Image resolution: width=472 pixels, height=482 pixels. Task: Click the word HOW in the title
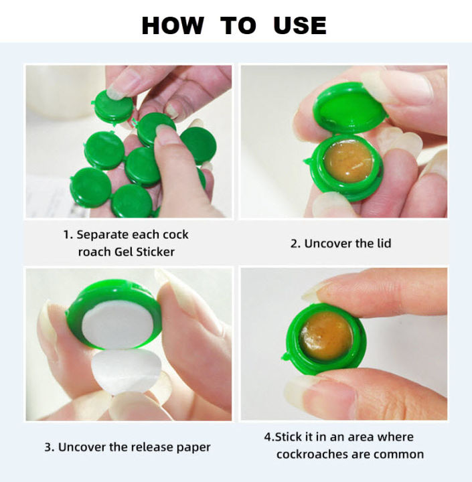(173, 25)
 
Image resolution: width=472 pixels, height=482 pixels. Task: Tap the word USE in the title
(300, 25)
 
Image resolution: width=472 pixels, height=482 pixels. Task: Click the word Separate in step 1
(102, 235)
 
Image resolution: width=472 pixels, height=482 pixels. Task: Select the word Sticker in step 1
(155, 252)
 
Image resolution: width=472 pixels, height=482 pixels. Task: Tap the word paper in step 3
(193, 448)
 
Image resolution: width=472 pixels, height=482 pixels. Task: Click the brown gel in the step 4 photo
(326, 335)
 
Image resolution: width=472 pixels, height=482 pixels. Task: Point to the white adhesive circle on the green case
(118, 325)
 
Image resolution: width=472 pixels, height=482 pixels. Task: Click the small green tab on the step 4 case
(285, 357)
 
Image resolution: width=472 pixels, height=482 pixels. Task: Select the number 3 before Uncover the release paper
(48, 447)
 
